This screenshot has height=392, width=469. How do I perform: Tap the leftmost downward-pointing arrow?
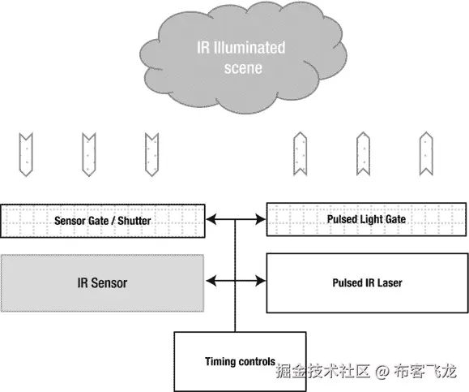pos(27,153)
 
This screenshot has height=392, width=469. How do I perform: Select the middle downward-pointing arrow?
pos(88,153)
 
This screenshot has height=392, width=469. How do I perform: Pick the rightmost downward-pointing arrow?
pos(151,153)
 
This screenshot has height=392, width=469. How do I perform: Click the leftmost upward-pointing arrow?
pos(300,153)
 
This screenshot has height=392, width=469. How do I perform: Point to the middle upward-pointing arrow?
pos(362,153)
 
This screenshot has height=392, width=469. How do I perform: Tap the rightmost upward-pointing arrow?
pos(425,153)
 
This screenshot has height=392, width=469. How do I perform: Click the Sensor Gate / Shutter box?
pos(102,220)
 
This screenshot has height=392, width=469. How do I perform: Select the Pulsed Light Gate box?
pos(366,219)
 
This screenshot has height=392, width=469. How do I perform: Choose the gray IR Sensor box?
pos(102,282)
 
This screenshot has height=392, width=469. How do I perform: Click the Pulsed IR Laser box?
pos(366,282)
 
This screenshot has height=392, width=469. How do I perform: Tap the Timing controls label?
pos(240,361)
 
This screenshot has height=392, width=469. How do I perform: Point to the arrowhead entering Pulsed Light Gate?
pos(260,219)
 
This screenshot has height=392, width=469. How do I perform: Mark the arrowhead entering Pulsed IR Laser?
pos(260,282)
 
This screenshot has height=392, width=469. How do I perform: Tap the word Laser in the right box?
pos(390,282)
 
